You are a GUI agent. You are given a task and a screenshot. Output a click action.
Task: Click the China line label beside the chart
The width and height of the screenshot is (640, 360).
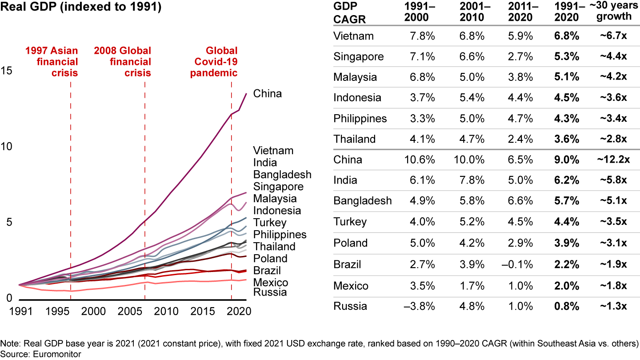pos(268,94)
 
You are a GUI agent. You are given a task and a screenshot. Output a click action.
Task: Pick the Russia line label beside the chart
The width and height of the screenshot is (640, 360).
pos(270,292)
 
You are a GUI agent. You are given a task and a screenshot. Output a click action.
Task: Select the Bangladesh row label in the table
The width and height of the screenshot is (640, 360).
pos(363,201)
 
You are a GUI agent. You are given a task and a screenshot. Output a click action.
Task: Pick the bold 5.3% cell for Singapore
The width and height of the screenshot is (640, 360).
pos(567,57)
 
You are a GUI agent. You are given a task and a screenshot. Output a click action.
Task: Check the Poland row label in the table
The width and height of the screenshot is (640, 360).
pos(351,243)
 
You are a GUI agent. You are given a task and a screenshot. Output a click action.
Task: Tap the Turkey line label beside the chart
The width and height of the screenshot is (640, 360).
pos(269,223)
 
